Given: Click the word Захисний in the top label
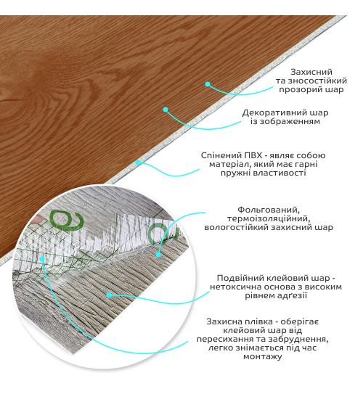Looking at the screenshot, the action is coord(311,72).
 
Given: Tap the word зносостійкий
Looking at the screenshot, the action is coord(317,81).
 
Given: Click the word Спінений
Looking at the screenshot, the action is coord(221,155).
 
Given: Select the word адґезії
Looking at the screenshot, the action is coord(292,295).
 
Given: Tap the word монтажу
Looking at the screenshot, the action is coord(262,357).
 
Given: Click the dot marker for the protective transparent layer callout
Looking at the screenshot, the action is coord(208,84).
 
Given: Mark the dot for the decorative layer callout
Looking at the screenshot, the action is coord(165,110).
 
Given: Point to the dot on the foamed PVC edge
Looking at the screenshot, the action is coord(138,163).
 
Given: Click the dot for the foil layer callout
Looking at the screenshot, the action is coord(158,255).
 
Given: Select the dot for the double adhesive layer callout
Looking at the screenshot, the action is coord(109,295).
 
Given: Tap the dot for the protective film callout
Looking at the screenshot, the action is coord(42,258).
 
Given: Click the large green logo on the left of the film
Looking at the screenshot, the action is coord(66,220).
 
